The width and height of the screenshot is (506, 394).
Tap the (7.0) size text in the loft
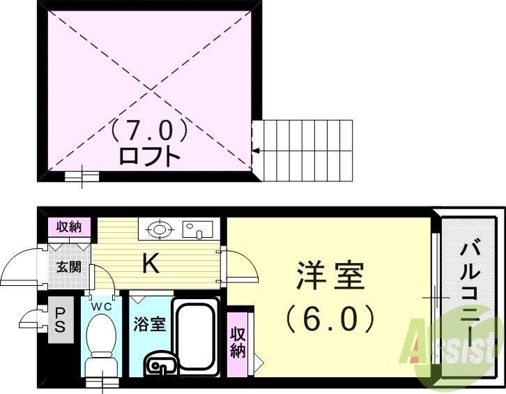click(150, 130)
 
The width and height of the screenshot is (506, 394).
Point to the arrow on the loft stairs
click(256, 150)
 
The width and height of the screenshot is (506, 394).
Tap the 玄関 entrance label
click(68, 266)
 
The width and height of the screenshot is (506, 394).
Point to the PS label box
click(60, 321)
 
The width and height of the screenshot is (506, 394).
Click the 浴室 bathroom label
click(149, 324)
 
